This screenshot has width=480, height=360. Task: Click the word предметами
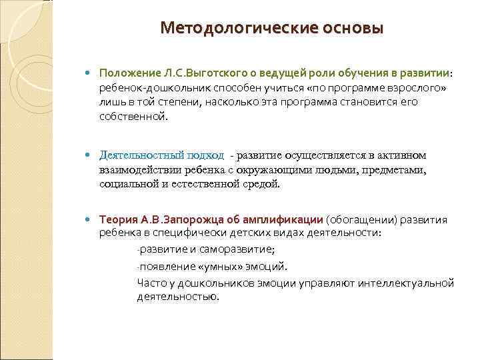point(396,169)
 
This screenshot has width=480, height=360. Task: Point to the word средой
point(263,183)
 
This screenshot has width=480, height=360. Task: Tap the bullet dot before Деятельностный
point(90,156)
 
